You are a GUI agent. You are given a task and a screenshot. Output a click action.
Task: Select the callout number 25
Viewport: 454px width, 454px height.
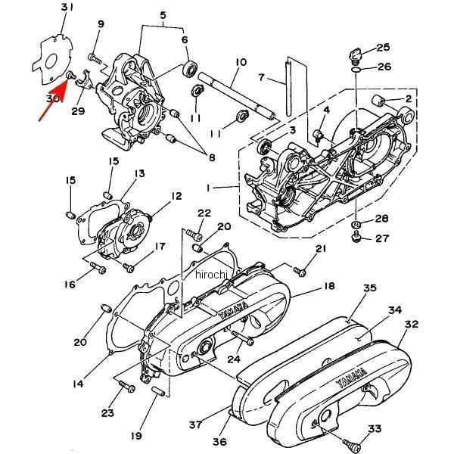pos(383,48)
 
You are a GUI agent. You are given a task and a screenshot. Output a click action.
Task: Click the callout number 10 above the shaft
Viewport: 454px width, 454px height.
pos(241,61)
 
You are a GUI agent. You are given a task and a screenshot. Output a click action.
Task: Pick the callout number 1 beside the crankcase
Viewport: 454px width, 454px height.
pos(228,187)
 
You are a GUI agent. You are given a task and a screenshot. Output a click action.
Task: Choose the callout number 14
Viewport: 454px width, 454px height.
pos(79,384)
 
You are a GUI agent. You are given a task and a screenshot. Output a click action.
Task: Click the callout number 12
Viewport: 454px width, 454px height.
pos(176,196)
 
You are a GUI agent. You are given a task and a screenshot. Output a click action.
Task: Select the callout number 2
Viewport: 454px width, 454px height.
pos(409,98)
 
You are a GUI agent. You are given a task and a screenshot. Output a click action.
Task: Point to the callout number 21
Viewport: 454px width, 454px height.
pos(320,249)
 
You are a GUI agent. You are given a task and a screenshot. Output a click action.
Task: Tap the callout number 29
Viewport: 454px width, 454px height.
pos(78,112)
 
